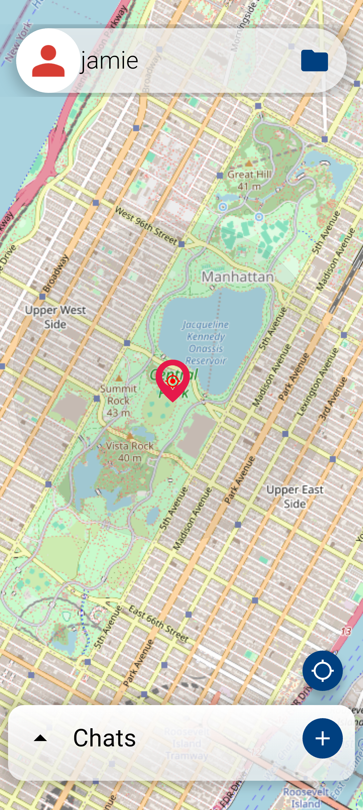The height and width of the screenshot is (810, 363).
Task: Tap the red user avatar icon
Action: (48, 61)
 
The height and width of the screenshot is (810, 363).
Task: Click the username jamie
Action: (110, 61)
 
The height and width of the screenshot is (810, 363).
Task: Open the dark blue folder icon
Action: (314, 61)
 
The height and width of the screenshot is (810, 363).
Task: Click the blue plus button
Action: (322, 738)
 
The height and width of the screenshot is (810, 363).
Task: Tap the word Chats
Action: (105, 738)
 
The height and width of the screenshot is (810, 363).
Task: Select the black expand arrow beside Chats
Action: (40, 738)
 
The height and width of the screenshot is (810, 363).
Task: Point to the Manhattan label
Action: (238, 277)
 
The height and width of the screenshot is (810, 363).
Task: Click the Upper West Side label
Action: (55, 317)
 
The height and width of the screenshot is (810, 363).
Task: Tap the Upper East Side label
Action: (295, 496)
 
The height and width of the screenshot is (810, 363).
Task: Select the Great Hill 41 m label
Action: (249, 180)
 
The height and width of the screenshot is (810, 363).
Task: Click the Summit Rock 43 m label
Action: (118, 400)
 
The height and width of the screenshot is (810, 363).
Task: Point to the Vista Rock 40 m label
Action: (130, 452)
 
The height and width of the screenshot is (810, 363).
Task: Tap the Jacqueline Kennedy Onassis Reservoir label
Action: (206, 342)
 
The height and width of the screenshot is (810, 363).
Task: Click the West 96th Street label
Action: (146, 226)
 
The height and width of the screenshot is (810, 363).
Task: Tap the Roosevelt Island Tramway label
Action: (187, 744)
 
